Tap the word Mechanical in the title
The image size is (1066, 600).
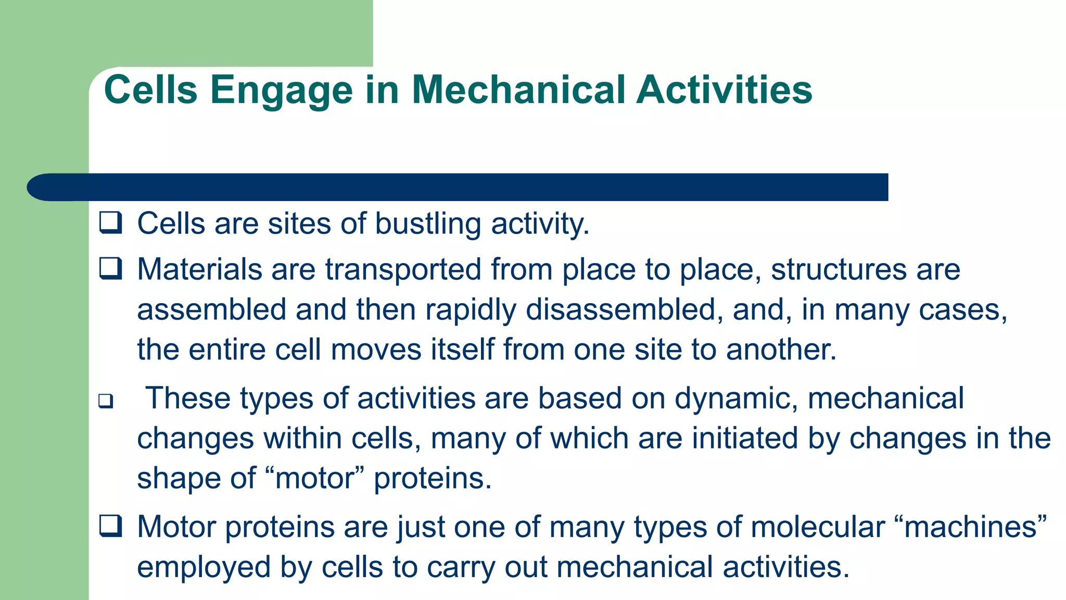tap(518, 90)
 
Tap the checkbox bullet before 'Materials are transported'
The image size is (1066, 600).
tap(111, 269)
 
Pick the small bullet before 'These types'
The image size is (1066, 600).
tap(106, 401)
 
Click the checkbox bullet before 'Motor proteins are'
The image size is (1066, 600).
tap(111, 526)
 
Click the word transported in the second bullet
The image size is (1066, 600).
tap(403, 270)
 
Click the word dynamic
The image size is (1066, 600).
tap(736, 398)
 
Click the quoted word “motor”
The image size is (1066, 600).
tap(314, 478)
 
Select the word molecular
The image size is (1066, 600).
tap(818, 527)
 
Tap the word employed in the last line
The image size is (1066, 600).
tap(204, 567)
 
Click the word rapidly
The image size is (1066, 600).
tap(471, 309)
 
